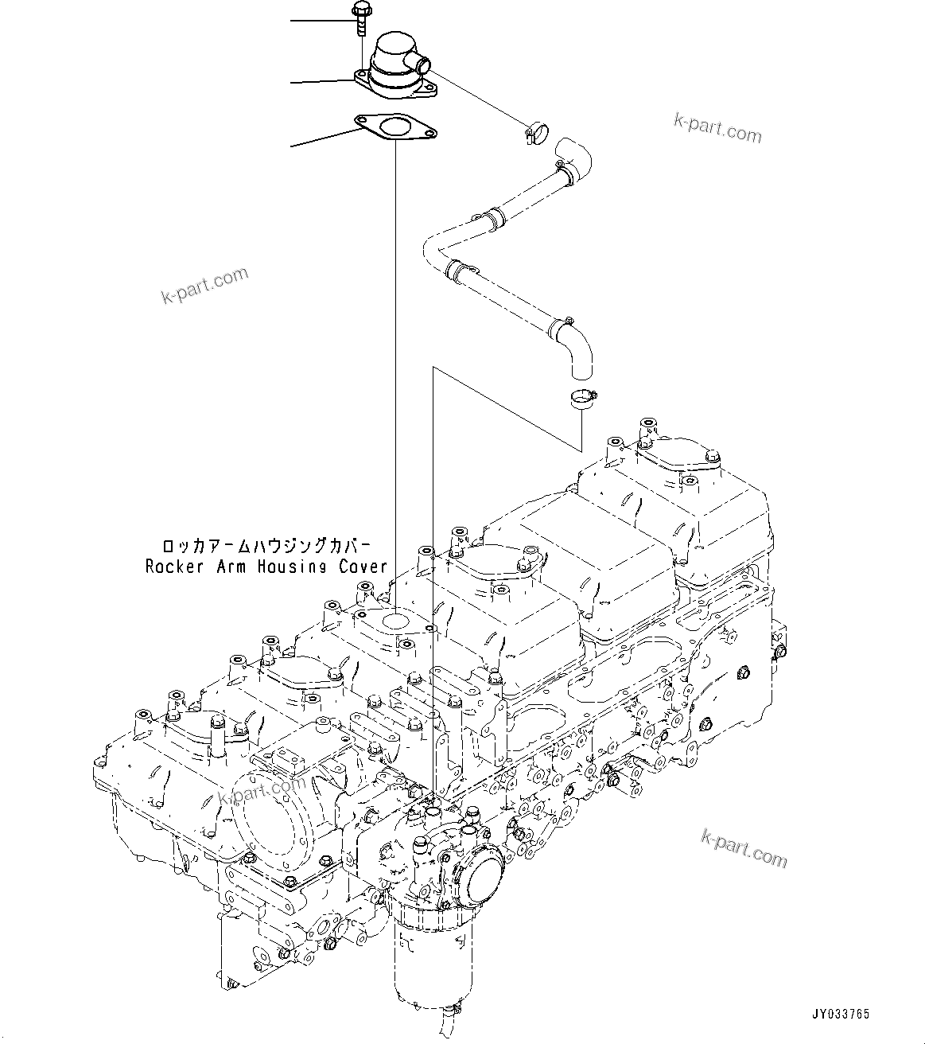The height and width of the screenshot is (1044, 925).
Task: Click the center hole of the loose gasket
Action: (x=392, y=127)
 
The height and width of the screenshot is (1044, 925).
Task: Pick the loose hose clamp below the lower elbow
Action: (x=583, y=398)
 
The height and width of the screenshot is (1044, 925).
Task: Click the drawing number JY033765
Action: (x=840, y=1014)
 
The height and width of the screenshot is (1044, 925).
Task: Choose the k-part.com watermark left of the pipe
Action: (x=204, y=286)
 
